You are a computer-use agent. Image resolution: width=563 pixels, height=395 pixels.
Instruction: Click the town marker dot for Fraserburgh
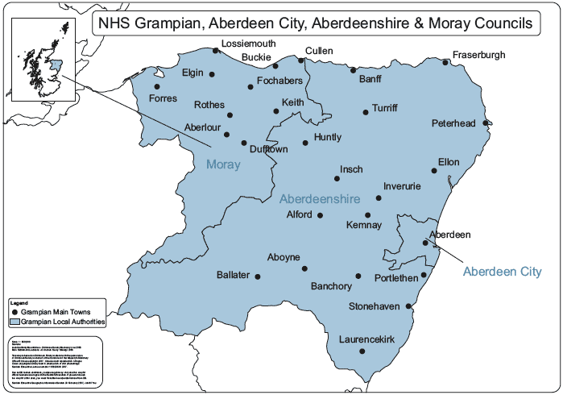pos(445,62)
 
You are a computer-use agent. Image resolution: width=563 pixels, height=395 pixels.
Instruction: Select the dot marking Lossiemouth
pos(216,51)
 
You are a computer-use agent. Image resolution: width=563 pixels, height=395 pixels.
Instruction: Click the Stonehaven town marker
pos(409,306)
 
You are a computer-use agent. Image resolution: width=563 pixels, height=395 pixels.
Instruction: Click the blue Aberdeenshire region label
pos(319,198)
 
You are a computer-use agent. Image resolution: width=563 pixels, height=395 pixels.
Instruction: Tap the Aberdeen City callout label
pos(502,272)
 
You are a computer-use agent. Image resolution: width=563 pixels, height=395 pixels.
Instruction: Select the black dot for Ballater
pos(258,276)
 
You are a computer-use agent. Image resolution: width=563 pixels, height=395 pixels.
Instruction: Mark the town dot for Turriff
pos(365,112)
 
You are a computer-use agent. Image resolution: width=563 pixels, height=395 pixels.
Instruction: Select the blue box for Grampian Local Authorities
pos(15,321)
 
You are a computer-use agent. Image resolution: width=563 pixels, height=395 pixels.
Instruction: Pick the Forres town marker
pos(157,86)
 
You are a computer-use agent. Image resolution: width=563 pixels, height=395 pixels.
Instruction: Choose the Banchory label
pos(331,286)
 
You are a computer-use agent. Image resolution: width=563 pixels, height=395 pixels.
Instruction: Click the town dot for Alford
pos(320,215)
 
